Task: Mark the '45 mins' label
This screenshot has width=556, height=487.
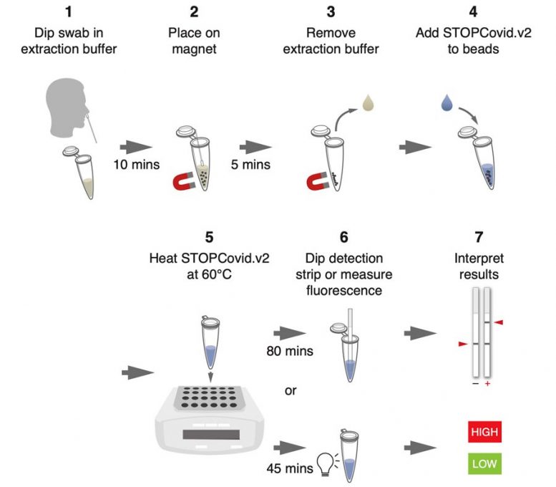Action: [x=288, y=469]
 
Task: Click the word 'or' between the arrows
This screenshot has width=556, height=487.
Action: [x=291, y=392]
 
